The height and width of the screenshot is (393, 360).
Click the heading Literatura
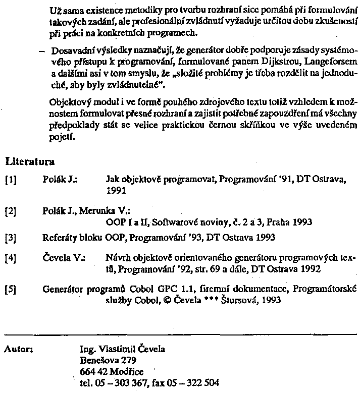[x=30, y=162]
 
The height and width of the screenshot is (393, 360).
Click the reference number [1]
[x=10, y=179]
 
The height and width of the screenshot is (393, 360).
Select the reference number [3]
[x=10, y=236]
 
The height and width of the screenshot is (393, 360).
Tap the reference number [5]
[x=10, y=290]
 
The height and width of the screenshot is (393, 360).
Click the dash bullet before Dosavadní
[x=41, y=52]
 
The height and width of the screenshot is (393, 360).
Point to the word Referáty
[x=59, y=236]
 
